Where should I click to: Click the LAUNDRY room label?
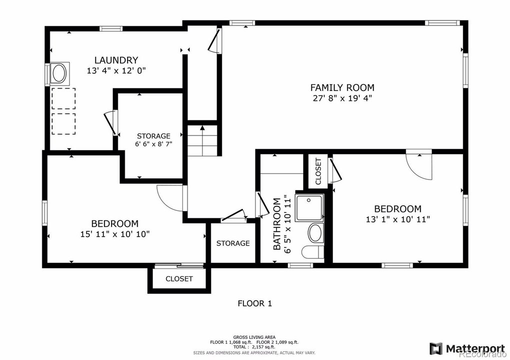point(116,60)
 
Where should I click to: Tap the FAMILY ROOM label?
point(342,87)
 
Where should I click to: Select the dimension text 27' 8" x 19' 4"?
point(342,98)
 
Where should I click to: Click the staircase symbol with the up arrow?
point(202,140)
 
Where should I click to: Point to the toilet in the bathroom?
point(313,252)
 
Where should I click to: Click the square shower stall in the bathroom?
point(309,208)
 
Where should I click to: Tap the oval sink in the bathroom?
point(316,233)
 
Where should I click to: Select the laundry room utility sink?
point(59,74)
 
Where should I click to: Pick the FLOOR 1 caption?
point(254,303)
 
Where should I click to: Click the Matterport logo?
point(467,348)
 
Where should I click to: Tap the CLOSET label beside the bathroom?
point(318,171)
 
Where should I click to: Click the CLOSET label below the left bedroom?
point(179,278)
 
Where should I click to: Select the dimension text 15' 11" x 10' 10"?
point(115,234)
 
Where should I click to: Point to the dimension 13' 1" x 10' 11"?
point(398,219)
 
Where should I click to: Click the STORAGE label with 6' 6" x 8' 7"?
point(153,136)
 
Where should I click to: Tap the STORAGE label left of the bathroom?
point(233,243)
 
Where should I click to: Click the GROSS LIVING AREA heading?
point(254,337)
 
